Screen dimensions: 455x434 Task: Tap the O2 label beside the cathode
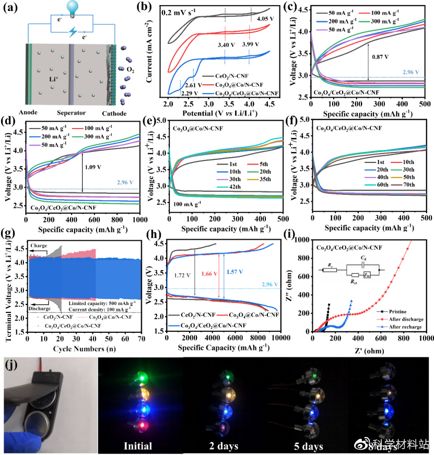tap(130, 67)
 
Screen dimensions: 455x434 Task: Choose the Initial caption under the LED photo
tap(138, 446)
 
